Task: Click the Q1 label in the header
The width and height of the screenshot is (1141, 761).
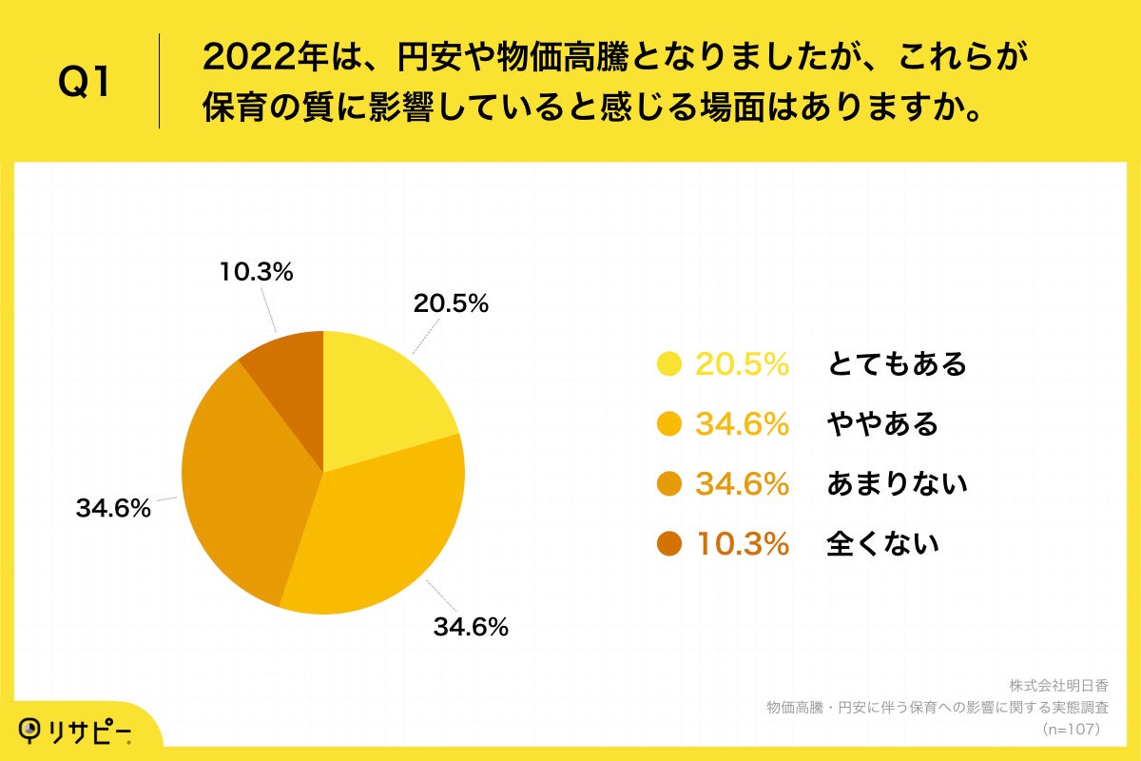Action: tap(84, 83)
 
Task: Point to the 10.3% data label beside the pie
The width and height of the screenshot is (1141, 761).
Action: tap(256, 271)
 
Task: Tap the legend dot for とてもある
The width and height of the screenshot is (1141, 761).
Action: tap(669, 363)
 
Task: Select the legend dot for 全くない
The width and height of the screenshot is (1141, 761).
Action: tap(669, 544)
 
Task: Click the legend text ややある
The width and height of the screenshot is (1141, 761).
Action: tap(882, 423)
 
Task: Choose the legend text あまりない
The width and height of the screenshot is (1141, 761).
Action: tap(897, 484)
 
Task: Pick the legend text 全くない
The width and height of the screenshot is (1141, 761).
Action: tap(882, 544)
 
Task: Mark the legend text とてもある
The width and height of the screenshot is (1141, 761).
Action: tap(897, 363)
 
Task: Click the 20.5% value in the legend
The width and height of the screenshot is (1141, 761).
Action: tap(742, 363)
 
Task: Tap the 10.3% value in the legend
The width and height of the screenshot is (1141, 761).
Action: tap(742, 544)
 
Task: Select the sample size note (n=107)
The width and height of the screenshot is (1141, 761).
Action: tap(1071, 730)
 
